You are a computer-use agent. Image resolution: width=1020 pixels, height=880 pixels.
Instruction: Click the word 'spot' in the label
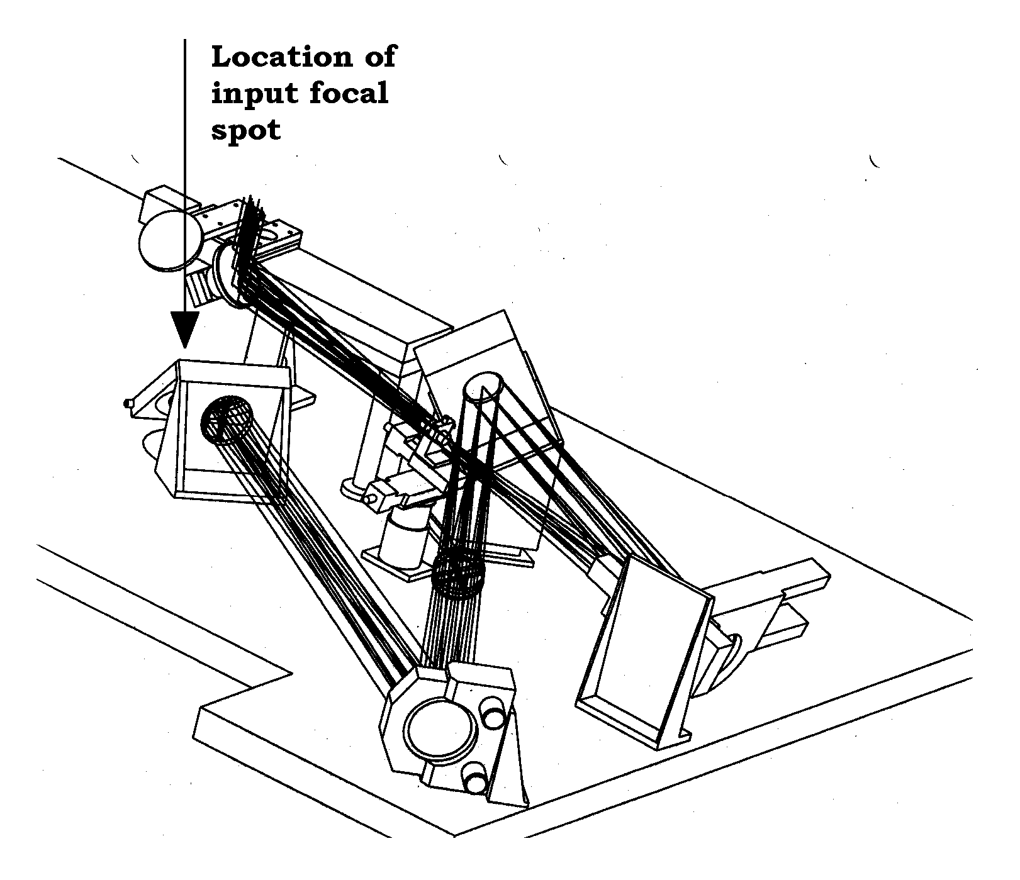(x=246, y=131)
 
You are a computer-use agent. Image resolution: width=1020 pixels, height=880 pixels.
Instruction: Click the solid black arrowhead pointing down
(x=185, y=329)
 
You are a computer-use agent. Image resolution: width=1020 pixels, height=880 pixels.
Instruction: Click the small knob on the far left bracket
(x=130, y=403)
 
